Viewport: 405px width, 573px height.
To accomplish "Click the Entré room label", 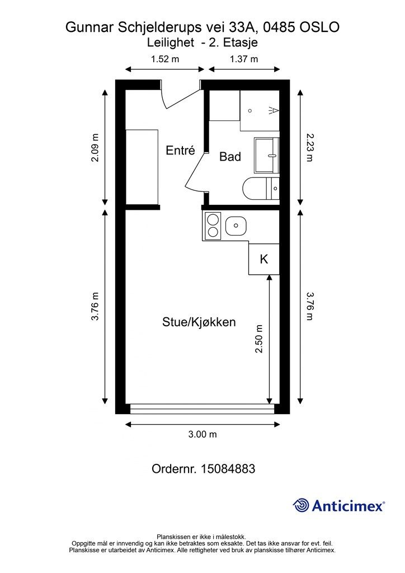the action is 180,150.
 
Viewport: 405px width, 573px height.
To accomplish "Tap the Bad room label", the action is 230,157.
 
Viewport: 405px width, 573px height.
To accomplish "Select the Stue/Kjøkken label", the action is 199,322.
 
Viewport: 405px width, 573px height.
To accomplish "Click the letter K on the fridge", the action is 263,259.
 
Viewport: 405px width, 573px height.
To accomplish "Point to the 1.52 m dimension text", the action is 165,59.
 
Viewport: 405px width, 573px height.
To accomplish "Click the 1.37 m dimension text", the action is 243,59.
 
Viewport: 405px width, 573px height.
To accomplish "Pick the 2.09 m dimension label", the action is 95,148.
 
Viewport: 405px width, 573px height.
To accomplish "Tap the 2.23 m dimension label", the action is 309,147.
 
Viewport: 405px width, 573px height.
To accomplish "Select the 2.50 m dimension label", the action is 260,339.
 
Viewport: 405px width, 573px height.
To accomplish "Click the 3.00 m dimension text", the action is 202,434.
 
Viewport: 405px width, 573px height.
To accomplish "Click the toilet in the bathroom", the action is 261,188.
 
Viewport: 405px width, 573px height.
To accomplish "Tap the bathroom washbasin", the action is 267,156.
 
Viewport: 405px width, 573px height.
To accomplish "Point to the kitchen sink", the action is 236,226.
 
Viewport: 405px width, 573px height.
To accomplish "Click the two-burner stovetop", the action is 213,226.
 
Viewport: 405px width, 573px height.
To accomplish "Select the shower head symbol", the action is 274,110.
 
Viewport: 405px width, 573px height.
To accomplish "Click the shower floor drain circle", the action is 250,110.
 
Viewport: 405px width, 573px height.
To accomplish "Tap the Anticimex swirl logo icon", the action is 300,505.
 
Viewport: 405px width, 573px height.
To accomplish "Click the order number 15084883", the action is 228,468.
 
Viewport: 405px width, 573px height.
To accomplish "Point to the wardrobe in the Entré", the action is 142,167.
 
